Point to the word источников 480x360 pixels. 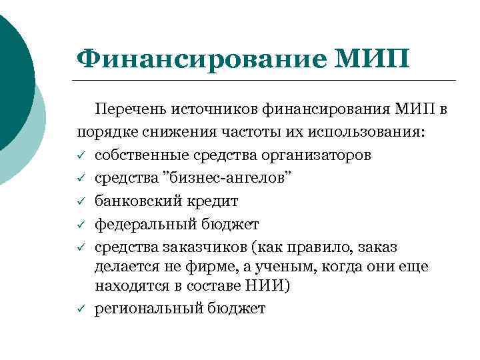click(215, 108)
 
